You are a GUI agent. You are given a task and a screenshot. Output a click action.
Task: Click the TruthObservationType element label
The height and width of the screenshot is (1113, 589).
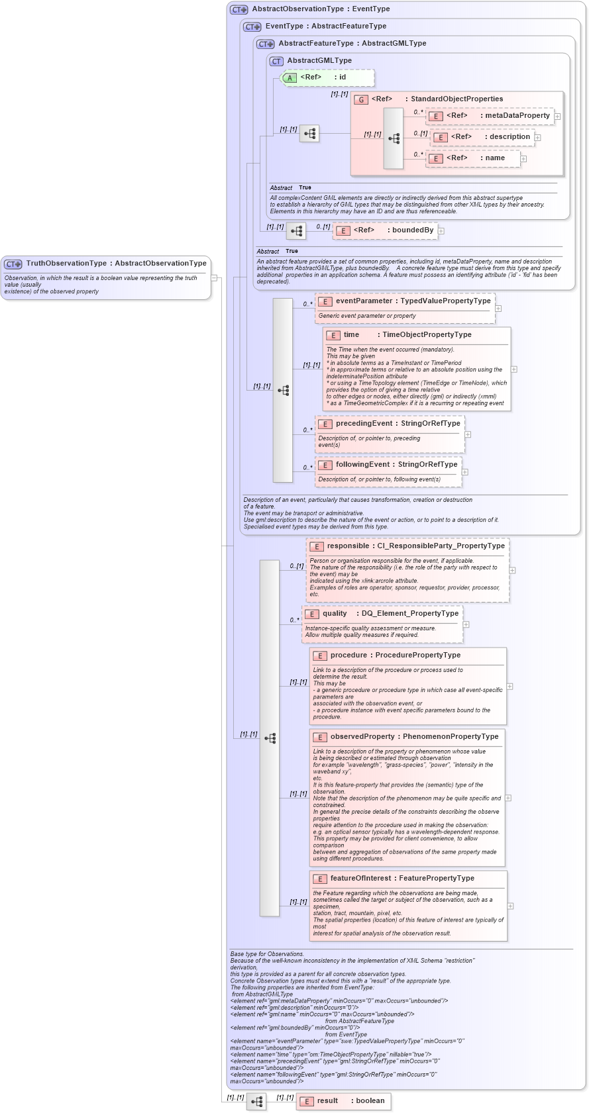(116, 264)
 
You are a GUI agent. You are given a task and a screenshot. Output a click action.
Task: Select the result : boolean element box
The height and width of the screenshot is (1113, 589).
(343, 1101)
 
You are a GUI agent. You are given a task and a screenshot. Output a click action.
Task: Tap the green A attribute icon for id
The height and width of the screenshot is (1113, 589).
(290, 77)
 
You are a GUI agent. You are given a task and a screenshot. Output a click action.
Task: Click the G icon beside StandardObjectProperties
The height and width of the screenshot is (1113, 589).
(361, 99)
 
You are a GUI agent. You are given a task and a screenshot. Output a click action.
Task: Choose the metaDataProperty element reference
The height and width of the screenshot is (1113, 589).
(490, 116)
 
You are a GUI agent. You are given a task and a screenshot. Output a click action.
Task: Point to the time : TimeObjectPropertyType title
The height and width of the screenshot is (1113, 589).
(407, 335)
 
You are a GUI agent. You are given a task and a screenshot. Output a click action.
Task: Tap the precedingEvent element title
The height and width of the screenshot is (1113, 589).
(398, 424)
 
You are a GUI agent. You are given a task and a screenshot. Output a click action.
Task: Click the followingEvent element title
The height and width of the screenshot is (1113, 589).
(396, 465)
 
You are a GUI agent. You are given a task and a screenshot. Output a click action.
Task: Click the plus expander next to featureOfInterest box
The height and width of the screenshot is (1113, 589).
(510, 906)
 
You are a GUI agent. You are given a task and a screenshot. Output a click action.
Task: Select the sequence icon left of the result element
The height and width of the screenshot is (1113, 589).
(256, 1102)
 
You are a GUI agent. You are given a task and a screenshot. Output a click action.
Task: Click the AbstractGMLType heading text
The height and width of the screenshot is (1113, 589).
(319, 61)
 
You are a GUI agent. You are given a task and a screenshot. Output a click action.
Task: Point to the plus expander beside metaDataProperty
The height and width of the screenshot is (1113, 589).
(557, 117)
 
